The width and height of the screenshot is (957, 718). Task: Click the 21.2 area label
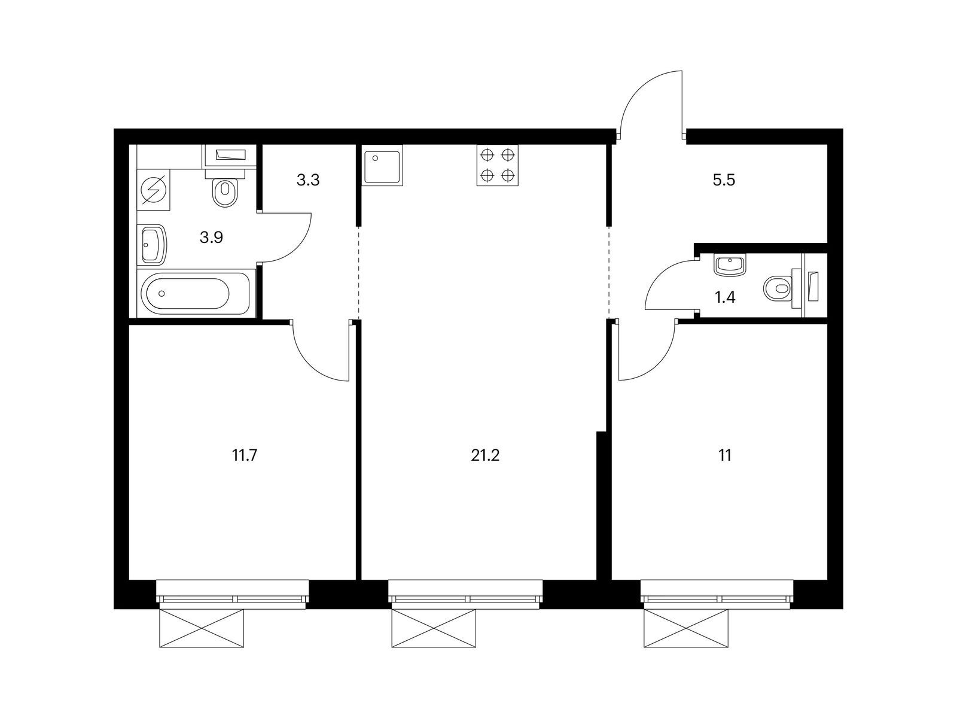[x=485, y=455]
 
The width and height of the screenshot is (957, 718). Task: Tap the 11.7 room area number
[x=245, y=455]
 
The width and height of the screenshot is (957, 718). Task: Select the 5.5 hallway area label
[x=724, y=180]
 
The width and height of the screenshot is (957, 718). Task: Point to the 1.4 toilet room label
[x=725, y=298]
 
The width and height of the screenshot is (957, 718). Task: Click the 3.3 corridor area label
[x=308, y=180]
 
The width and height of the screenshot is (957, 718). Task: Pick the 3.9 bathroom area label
[x=211, y=238]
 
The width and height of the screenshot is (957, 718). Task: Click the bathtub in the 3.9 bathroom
[x=193, y=293]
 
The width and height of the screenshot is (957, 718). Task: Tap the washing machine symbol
[x=154, y=190]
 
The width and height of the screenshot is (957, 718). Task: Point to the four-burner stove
[x=498, y=166]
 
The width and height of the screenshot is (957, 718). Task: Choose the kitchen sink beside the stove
[x=382, y=166]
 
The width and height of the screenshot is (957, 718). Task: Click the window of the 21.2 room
[x=465, y=591]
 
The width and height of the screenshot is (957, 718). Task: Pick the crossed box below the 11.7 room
[x=201, y=628]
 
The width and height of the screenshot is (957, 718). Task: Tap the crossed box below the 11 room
[x=686, y=628]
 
